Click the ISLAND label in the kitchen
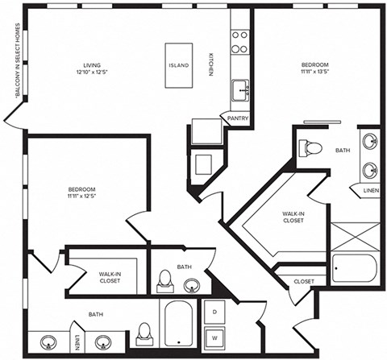tap(179, 65)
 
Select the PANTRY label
tap(238, 118)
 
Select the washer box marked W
tap(215, 337)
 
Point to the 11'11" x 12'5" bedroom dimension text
tap(81, 193)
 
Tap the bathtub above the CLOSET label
tap(352, 269)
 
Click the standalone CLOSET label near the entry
tap(304, 281)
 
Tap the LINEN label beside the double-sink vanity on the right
tap(371, 190)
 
